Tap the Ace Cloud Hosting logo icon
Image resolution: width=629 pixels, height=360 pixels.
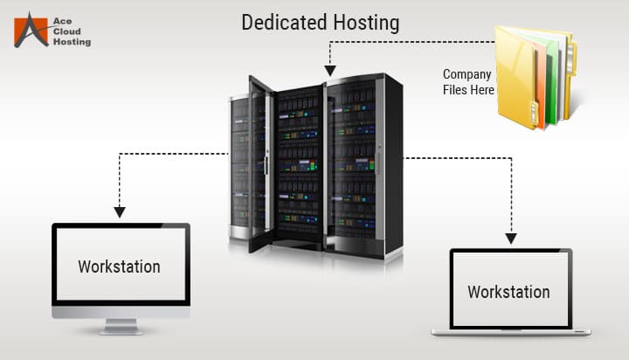point(30,29)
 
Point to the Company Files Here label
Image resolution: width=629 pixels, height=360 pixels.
point(467,82)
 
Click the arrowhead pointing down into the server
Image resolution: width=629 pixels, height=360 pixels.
point(330,69)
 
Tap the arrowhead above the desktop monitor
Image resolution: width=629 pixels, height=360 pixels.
point(120,211)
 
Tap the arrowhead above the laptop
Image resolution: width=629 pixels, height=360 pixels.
point(509,236)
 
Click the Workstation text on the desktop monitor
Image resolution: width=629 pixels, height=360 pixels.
point(119,266)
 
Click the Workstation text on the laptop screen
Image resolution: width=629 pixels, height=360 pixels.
point(508,291)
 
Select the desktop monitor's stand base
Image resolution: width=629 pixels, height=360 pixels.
point(120,330)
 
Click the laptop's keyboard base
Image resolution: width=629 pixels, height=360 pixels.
point(511,331)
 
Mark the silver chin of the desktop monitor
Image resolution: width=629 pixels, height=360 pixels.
point(120,312)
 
